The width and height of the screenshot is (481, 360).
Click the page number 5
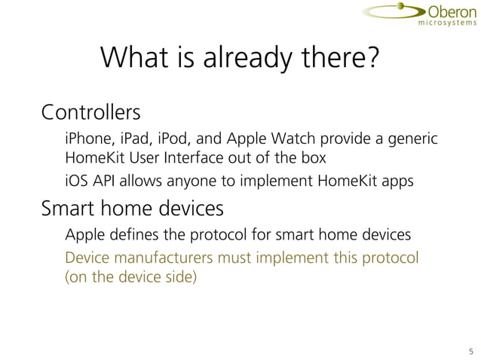(470, 351)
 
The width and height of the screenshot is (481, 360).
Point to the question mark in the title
(369, 59)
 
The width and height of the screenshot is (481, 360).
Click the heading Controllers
(90, 114)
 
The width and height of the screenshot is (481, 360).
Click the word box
(315, 159)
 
